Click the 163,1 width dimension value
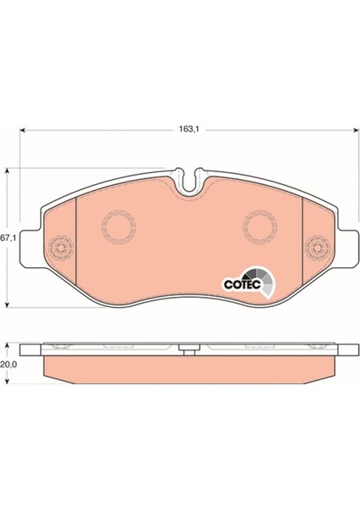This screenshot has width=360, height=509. [x=188, y=129]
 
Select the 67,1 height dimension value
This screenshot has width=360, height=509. [x=8, y=238]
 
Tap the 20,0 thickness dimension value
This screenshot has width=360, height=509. [x=8, y=364]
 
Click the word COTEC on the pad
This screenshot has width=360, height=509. [x=243, y=285]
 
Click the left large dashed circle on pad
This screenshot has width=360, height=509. [x=118, y=227]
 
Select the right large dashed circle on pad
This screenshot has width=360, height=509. [x=261, y=227]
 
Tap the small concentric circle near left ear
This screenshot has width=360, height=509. [x=60, y=249]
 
